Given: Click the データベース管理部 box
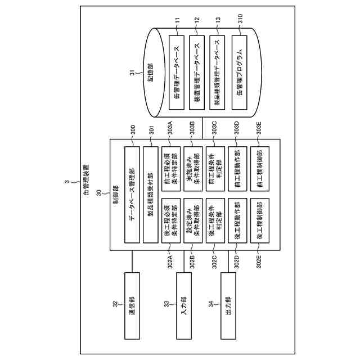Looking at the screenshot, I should [x=130, y=195].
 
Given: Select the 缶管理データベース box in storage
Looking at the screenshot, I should [x=177, y=72].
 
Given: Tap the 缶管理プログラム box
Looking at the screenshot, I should [x=241, y=72].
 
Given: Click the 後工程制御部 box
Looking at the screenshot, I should [x=259, y=221].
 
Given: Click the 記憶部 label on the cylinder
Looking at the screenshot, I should [x=151, y=76].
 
